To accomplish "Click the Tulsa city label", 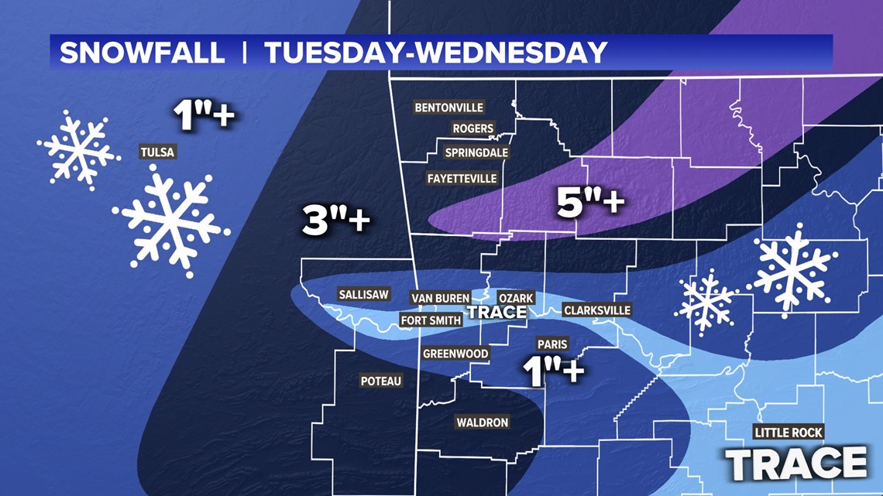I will (157, 152).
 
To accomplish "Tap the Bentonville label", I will (449, 108).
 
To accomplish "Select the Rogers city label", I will (472, 128).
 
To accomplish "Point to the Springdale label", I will (476, 152).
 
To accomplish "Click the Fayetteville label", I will (462, 178).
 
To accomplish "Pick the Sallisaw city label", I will (363, 294).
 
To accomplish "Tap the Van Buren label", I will (440, 298).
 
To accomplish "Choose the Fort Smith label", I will (428, 320).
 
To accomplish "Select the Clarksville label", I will (597, 310).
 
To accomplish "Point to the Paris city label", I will (552, 344).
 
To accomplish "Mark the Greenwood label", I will (455, 354).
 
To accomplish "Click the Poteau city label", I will (381, 381).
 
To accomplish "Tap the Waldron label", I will (482, 422).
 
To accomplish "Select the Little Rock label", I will (789, 433).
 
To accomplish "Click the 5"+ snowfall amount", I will (590, 203).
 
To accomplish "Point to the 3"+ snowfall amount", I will (335, 223).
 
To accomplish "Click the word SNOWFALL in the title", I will (143, 53).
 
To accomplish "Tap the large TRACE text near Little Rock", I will (795, 463).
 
